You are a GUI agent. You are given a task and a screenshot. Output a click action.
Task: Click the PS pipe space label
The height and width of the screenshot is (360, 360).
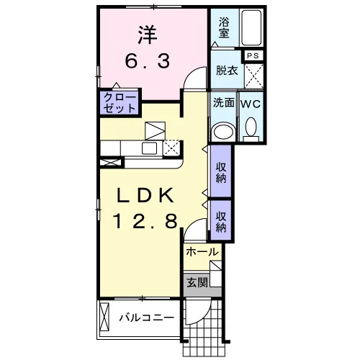(x=253, y=55)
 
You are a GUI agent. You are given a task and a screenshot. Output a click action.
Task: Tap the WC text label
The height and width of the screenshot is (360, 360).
(x=251, y=104)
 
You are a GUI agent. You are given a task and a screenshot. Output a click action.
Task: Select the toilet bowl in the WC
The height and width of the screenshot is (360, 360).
(x=251, y=127)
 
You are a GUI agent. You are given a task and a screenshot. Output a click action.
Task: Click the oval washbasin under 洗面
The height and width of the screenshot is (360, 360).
(x=224, y=131)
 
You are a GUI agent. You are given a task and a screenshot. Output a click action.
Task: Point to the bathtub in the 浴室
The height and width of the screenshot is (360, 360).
(x=251, y=27)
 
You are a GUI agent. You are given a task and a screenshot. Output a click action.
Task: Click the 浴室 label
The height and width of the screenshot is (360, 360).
(x=224, y=28)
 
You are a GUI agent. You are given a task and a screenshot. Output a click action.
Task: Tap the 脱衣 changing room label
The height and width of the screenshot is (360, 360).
(x=227, y=71)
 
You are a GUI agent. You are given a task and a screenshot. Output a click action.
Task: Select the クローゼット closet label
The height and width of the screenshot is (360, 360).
(x=120, y=103)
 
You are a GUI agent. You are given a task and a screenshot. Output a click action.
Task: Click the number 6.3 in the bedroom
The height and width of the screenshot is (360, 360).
(x=148, y=60)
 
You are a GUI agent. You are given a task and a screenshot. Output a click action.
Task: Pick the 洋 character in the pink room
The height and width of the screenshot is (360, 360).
(x=148, y=35)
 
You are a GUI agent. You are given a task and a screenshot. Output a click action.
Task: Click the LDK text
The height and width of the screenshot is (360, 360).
(x=145, y=195)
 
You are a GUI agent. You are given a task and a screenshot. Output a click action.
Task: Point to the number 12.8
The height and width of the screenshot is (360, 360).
(x=145, y=221)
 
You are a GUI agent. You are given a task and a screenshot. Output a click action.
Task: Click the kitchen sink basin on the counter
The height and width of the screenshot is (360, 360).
(x=149, y=148)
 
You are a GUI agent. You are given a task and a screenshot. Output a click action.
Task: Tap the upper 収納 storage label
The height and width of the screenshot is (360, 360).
(x=221, y=173)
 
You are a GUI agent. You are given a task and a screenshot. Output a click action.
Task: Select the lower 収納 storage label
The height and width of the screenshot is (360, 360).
(x=221, y=222)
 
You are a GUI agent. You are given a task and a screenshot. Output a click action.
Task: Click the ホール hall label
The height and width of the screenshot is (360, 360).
(x=202, y=252)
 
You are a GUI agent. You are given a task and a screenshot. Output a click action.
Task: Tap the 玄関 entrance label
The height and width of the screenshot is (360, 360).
(x=197, y=282)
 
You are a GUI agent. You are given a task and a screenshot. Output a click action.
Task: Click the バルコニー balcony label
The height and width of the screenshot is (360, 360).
(x=147, y=318)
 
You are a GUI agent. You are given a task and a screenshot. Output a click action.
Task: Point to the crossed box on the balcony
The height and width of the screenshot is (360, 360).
(x=104, y=316)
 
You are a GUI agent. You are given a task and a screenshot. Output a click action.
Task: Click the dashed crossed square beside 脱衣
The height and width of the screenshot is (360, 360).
(x=254, y=76)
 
